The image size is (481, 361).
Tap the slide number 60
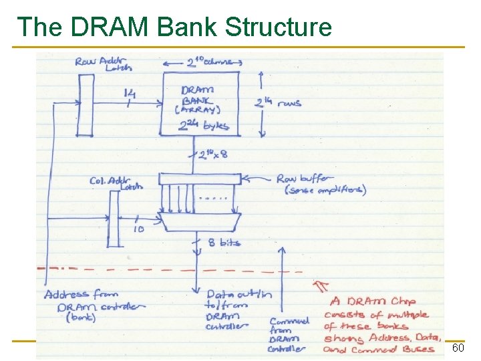[x=458, y=348]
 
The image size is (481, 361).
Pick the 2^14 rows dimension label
[x=278, y=102]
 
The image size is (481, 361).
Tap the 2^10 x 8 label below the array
[x=213, y=155]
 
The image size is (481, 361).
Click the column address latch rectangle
[x=114, y=227]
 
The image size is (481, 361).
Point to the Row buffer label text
[x=321, y=184]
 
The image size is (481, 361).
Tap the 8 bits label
[x=224, y=243]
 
